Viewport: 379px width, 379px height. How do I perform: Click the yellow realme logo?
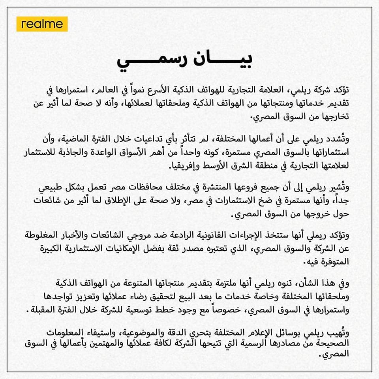click(x=42, y=24)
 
